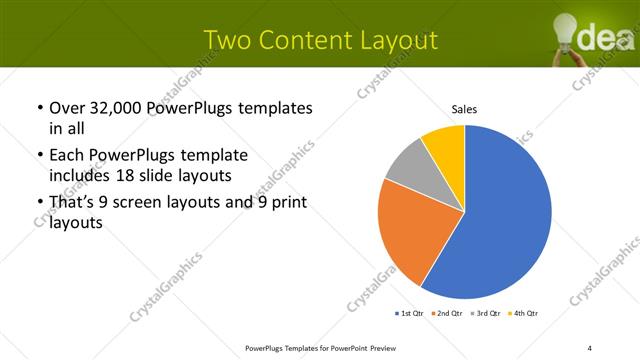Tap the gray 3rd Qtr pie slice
(x=408, y=167)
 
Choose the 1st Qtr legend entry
(x=409, y=315)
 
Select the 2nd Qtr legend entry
(x=447, y=315)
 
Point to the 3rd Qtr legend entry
(x=485, y=315)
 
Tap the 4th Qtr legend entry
(x=524, y=315)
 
